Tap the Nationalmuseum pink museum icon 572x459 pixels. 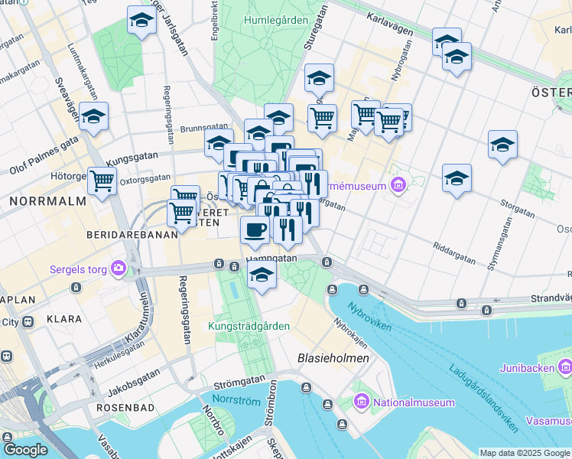coord(362,402)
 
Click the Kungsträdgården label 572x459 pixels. coord(249,326)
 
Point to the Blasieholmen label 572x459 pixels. coord(333,358)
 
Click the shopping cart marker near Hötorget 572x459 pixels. coord(102,181)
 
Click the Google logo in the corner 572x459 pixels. coord(25,450)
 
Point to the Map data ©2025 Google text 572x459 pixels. coord(525,453)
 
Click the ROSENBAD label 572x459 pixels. coord(126,409)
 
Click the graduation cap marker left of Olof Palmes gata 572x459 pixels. coord(94,119)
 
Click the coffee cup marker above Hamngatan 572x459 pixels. coord(255,229)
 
